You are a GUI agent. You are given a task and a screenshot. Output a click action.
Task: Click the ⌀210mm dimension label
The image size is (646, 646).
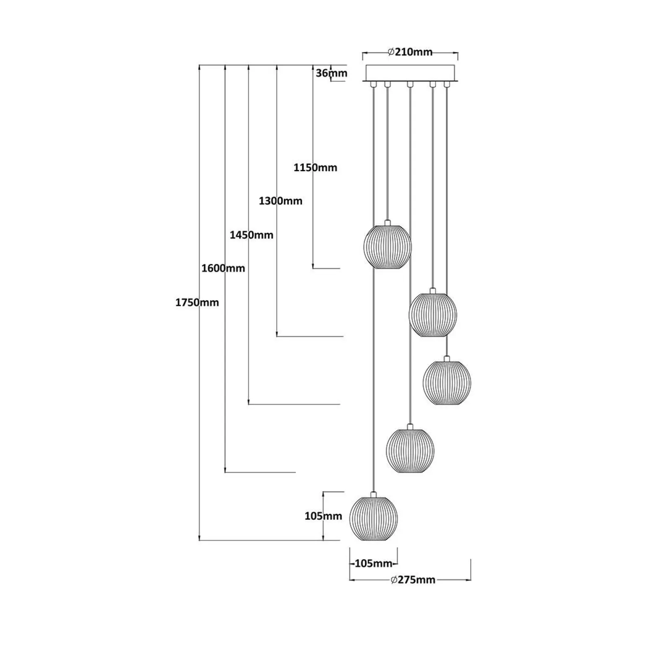click(410, 52)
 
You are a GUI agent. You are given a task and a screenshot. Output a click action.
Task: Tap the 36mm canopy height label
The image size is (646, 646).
click(331, 73)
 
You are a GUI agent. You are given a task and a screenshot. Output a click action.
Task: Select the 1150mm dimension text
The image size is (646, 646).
click(315, 168)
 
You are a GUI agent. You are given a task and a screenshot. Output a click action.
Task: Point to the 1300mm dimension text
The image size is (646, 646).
click(280, 201)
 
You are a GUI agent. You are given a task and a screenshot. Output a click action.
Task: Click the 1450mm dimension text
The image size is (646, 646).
click(251, 235)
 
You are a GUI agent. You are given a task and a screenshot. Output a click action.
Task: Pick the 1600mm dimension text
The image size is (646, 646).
click(223, 268)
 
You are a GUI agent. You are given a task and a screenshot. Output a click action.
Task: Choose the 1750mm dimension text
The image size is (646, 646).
click(197, 302)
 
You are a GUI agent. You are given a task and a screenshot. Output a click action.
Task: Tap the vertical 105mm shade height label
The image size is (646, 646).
click(323, 516)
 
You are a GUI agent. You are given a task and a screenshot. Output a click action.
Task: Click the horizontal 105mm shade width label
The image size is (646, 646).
click(373, 563)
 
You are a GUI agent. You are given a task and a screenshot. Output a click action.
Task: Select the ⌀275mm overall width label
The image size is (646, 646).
click(413, 580)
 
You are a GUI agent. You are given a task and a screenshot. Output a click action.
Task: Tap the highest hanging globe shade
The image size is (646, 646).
click(387, 246)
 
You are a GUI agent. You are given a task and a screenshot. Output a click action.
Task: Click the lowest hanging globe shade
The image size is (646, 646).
click(373, 518)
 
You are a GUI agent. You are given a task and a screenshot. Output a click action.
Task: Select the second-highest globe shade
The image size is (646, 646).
click(433, 314)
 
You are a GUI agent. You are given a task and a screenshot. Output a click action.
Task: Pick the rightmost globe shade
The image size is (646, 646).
click(447, 382)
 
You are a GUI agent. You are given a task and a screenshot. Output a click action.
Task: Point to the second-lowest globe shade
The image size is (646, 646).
click(410, 450)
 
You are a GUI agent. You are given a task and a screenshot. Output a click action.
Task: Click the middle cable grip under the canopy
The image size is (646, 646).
click(410, 85)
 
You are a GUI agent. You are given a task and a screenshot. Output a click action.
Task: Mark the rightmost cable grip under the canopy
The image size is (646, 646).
click(446, 85)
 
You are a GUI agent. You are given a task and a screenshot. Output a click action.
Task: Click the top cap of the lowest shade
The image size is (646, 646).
click(373, 495)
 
